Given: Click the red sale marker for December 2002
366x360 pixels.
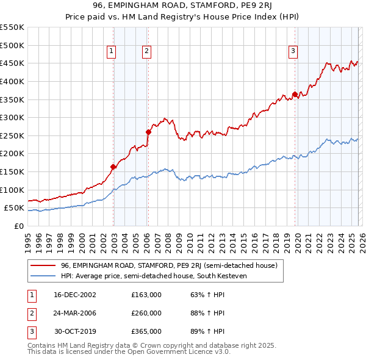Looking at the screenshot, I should [x=113, y=167].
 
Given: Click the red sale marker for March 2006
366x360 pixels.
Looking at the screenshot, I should [x=148, y=131].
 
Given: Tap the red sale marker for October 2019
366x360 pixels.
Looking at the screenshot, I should [x=295, y=94].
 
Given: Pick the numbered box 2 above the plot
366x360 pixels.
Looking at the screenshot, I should [x=148, y=52].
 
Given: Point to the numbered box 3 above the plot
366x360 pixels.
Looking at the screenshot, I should [x=293, y=52].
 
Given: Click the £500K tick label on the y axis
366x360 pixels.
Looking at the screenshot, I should [x=12, y=45].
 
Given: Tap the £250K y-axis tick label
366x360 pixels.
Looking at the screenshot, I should [x=12, y=135].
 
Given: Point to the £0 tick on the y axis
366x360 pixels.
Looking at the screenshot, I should [x=20, y=226].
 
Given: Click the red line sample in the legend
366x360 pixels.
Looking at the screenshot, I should [x=43, y=265].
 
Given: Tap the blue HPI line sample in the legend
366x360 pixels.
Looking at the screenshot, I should [x=43, y=276].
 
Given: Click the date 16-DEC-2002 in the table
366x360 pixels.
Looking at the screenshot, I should [x=74, y=295].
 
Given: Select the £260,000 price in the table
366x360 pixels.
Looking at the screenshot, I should [x=146, y=313].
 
